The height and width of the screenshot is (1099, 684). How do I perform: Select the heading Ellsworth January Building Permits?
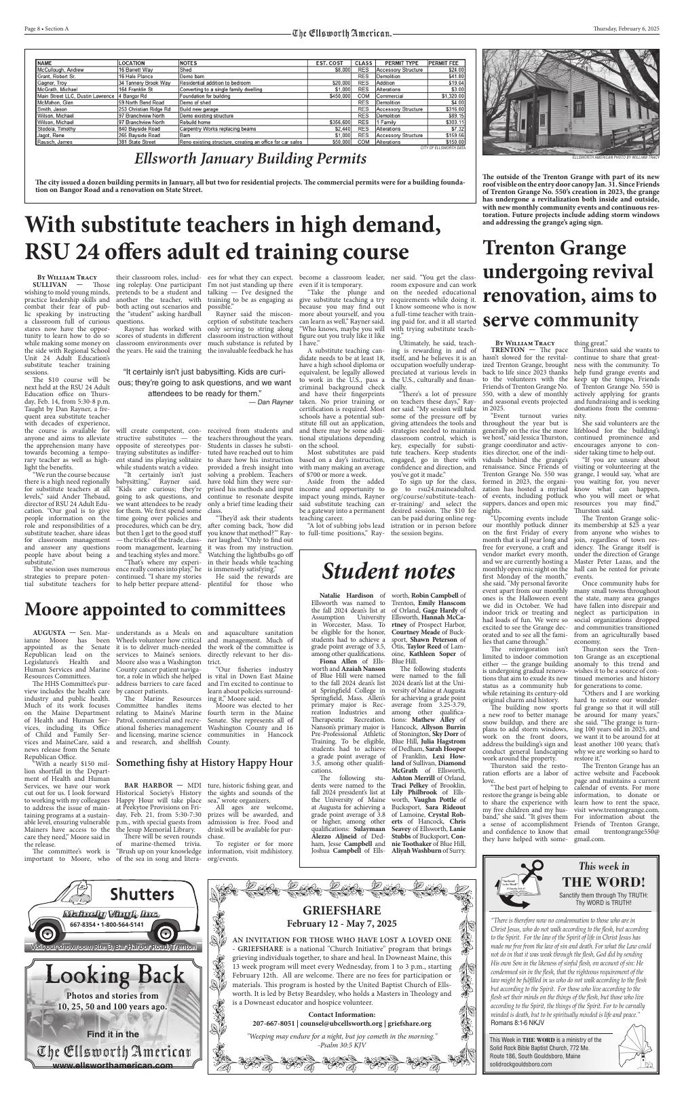250,159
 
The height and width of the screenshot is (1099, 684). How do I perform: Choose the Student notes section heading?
388,571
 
